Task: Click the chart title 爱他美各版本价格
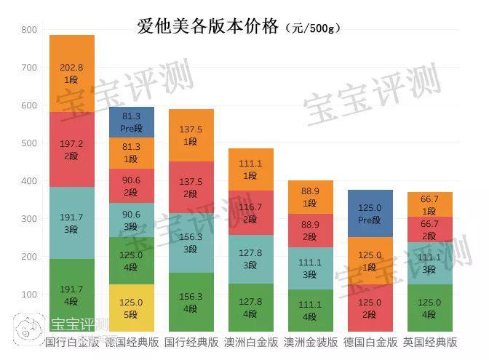(208, 28)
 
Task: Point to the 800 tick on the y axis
(29, 30)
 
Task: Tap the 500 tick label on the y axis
(29, 143)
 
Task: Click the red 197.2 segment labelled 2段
(72, 149)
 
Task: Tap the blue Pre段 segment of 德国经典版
(132, 121)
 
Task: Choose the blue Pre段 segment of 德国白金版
(370, 213)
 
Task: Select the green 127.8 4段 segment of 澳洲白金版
(251, 308)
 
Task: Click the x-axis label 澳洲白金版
(251, 342)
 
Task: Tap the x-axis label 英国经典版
(430, 342)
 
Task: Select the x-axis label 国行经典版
(191, 342)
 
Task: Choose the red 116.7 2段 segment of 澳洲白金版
(251, 213)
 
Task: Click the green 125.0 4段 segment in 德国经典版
(132, 260)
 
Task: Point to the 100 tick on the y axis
(29, 295)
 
